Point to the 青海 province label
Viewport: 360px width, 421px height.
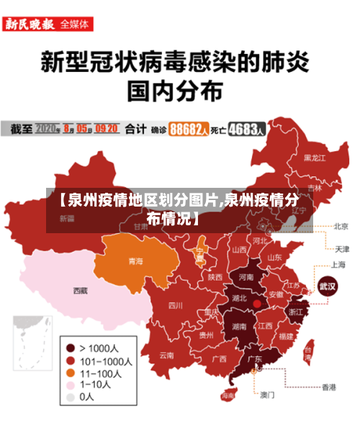(x=135, y=261)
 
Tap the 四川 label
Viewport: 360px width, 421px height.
(x=175, y=305)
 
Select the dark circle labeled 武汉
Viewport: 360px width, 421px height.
(x=328, y=286)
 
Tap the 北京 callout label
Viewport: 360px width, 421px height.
(x=341, y=226)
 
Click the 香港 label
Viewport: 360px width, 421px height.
(x=329, y=387)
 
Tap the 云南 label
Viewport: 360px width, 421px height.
(x=166, y=355)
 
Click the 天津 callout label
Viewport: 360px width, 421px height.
(x=341, y=249)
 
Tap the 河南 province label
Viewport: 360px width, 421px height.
(x=246, y=276)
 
